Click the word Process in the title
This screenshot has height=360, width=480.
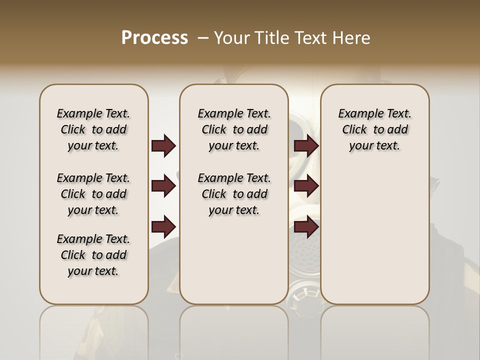[154, 38]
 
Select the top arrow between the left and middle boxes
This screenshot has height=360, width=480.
[163, 145]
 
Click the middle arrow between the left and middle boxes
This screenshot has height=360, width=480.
[163, 186]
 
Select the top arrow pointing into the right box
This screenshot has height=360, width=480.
[306, 145]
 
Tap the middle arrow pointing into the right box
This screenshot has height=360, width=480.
[306, 186]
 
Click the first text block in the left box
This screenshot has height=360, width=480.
[93, 129]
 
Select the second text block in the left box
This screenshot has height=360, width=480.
[93, 194]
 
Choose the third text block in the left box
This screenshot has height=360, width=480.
[93, 255]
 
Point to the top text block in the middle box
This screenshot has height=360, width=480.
[234, 129]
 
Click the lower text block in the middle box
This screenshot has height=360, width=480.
[234, 194]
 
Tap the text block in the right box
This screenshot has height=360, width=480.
[374, 129]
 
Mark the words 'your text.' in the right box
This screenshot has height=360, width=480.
[374, 146]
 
